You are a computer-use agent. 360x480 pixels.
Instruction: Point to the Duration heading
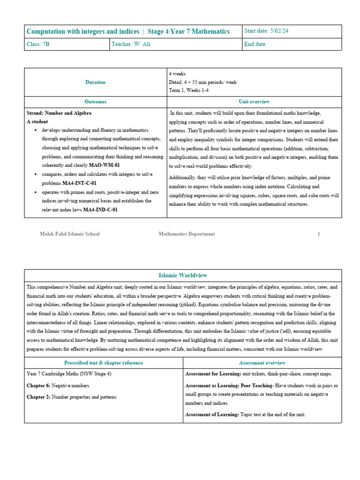[95, 82]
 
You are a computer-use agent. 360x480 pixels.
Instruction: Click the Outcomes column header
[95, 102]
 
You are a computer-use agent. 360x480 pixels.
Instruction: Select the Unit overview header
[254, 102]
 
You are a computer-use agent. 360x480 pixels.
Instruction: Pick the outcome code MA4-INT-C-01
[79, 183]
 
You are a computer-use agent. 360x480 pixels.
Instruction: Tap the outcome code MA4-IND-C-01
[100, 210]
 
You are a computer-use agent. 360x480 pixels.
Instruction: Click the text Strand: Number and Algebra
[59, 113]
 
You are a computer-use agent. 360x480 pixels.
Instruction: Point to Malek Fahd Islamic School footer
[70, 234]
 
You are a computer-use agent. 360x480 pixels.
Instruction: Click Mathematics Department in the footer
[187, 234]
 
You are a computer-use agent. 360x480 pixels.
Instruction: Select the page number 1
[319, 234]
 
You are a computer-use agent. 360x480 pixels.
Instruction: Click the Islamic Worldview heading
[183, 276]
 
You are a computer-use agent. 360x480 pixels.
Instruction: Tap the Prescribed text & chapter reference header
[104, 363]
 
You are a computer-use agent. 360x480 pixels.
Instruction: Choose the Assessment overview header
[262, 363]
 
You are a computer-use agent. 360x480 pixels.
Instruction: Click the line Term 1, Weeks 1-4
[189, 90]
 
